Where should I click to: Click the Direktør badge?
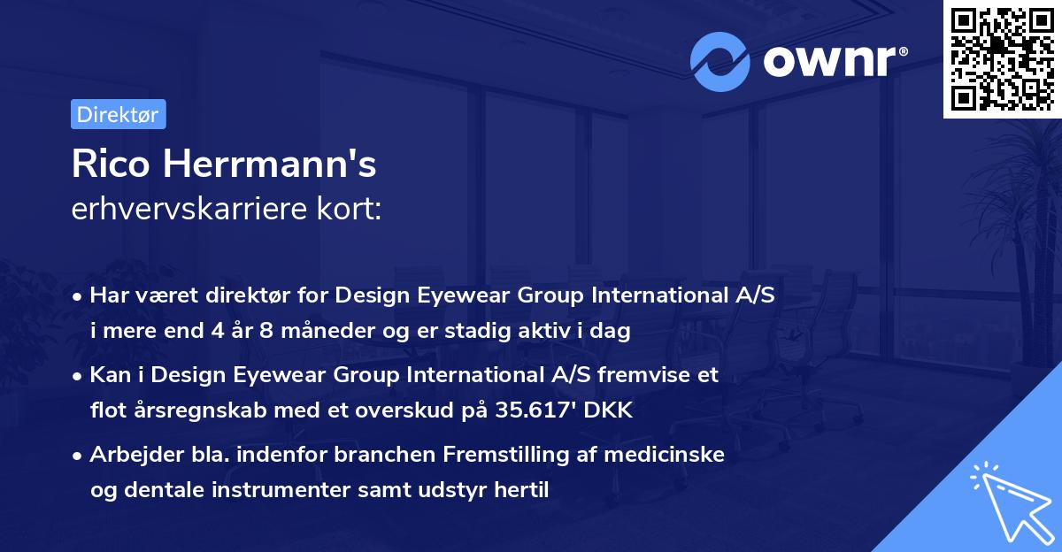click(x=118, y=114)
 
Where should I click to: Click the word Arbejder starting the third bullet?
click(x=131, y=456)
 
